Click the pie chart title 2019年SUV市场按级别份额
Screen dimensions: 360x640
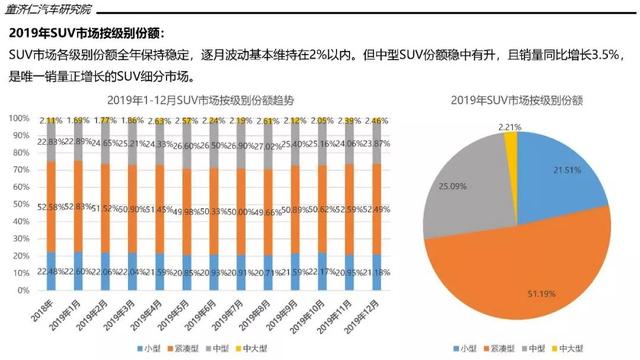point(518,100)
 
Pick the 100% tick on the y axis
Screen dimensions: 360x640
point(20,119)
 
